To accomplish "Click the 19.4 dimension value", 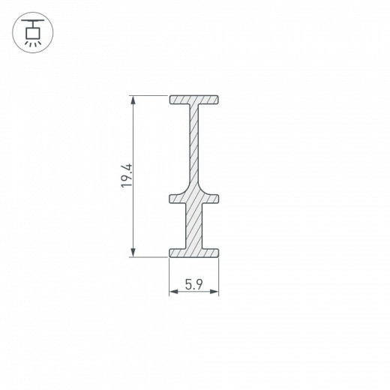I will tap(127, 176).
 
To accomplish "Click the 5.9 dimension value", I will tap(193, 285).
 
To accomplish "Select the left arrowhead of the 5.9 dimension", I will tap(172, 293).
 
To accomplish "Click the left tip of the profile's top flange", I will tap(171, 100).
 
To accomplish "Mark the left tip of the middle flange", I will tap(171, 199).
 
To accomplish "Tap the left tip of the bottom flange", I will tap(171, 252).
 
